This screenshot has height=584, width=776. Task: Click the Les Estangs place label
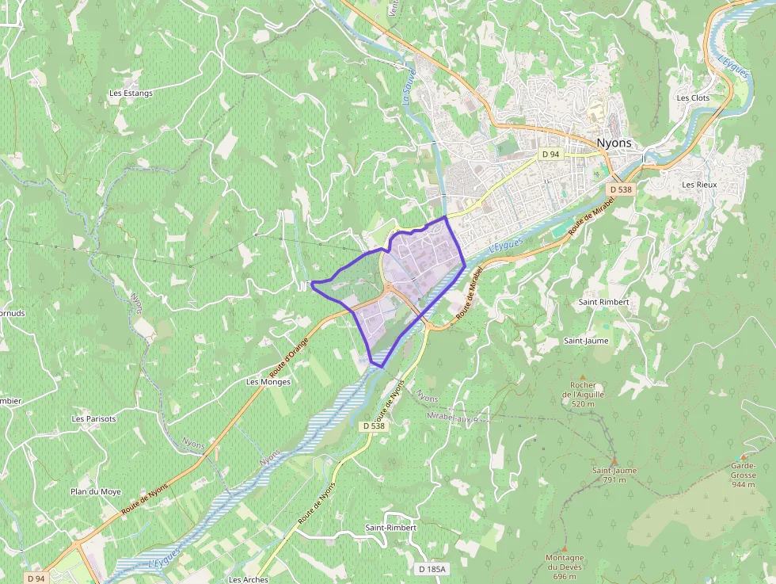click(x=131, y=93)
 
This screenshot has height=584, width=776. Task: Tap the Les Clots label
click(x=693, y=98)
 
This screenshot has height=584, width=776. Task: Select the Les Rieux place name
click(x=699, y=185)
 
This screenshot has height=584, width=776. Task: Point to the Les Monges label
click(x=268, y=381)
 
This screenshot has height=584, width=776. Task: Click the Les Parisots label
click(x=93, y=418)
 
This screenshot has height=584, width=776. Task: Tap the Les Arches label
click(x=248, y=579)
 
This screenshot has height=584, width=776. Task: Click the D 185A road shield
click(x=432, y=569)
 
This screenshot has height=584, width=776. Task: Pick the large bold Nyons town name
click(x=614, y=143)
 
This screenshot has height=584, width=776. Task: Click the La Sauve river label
click(x=409, y=88)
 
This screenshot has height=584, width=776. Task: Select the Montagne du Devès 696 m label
click(x=565, y=567)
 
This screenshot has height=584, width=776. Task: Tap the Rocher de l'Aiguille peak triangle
click(x=583, y=377)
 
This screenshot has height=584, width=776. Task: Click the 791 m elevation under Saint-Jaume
click(x=614, y=479)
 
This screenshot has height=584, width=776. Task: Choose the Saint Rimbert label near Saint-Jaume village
click(x=603, y=302)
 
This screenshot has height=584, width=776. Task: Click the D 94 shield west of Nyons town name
click(x=551, y=154)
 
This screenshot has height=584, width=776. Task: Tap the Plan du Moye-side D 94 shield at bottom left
click(x=36, y=578)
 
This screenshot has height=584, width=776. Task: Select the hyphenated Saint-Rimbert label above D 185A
click(x=390, y=528)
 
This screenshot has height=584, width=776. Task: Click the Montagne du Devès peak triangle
click(x=565, y=548)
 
